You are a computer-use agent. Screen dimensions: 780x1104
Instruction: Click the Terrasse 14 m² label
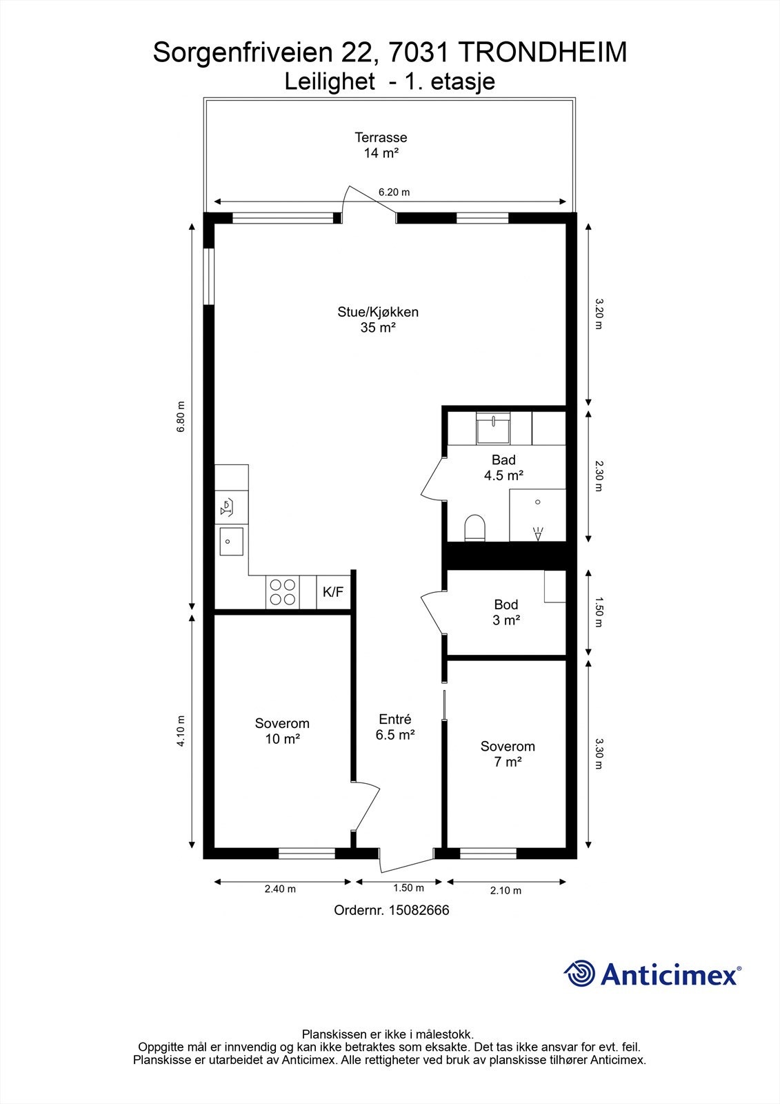tap(381, 145)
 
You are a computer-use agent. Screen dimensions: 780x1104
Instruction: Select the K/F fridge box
tap(333, 592)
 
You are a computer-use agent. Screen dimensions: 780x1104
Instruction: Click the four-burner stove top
tap(283, 592)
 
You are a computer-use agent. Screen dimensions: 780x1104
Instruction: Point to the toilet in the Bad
tap(475, 528)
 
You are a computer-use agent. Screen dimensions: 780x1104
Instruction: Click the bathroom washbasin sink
tap(493, 428)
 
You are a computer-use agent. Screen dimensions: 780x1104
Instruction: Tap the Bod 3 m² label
tap(506, 612)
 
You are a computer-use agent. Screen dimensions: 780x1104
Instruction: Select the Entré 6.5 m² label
tap(395, 727)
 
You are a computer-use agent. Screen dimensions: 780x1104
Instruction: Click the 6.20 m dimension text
tap(394, 193)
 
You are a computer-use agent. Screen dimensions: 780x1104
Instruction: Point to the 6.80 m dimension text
tap(181, 417)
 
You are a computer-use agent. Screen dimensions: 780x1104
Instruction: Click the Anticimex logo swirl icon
tap(579, 974)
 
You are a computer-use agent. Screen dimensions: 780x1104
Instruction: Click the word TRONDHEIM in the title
tap(543, 52)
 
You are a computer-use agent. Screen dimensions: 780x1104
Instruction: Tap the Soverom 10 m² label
tap(282, 731)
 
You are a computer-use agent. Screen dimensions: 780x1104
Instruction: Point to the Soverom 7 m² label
tap(508, 754)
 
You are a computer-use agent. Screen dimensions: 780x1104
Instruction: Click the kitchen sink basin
tap(231, 541)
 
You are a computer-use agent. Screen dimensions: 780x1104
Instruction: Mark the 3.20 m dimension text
tap(599, 314)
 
